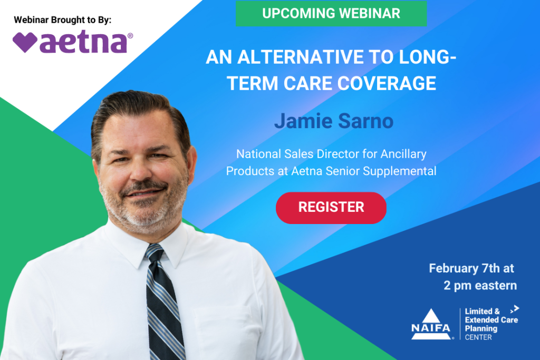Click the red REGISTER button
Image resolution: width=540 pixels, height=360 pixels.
[x=331, y=208]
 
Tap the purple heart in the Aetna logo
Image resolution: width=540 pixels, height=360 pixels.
[x=25, y=42]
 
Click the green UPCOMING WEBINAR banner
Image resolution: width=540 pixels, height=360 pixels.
[x=331, y=13]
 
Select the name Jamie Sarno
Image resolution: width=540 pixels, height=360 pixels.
[x=334, y=121]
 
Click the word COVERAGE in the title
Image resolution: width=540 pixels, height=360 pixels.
[x=387, y=83]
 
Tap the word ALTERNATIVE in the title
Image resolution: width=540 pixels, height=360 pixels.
[x=301, y=57]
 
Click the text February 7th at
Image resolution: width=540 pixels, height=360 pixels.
[x=471, y=268]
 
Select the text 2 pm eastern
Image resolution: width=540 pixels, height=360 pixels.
[x=480, y=286]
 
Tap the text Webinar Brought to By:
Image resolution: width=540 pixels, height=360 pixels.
[x=63, y=20]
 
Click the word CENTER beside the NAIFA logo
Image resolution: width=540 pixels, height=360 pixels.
[x=478, y=338]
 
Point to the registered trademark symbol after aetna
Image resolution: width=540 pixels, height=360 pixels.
[x=130, y=35]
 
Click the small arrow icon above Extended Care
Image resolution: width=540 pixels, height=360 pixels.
[x=515, y=309]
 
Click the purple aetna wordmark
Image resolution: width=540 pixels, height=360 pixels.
[x=83, y=43]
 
